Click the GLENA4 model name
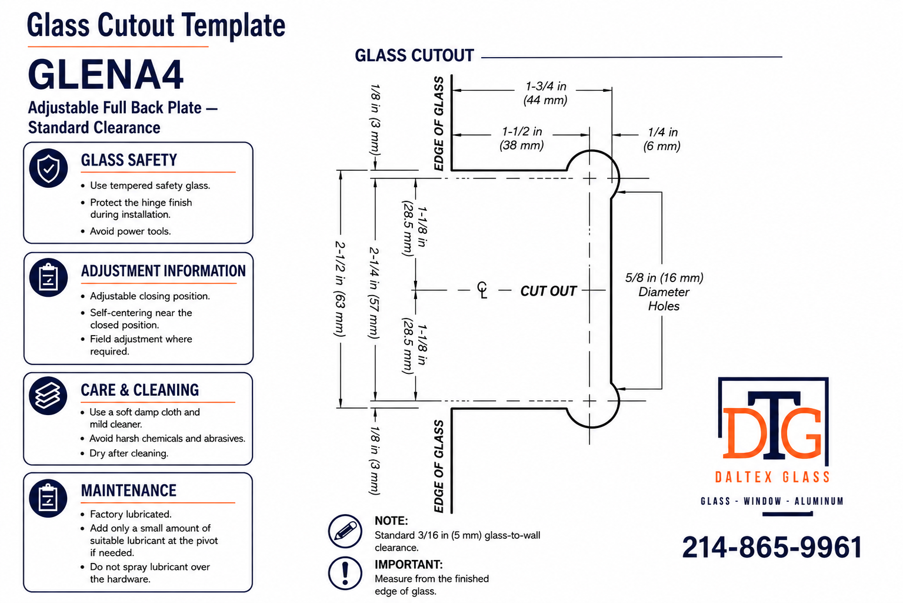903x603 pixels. coord(106,75)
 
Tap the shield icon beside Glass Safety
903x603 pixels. coord(48,168)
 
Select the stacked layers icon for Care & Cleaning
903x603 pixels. coord(48,396)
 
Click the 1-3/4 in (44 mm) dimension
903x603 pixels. coord(545,93)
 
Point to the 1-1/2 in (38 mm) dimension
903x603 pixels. coord(522,138)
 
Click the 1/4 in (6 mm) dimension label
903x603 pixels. coord(662,139)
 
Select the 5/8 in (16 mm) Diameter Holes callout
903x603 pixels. coord(664,292)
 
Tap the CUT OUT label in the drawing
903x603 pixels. coord(548,291)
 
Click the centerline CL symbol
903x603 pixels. coord(482,290)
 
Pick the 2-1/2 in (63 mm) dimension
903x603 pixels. coord(340,289)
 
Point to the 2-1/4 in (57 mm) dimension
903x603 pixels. coord(374,293)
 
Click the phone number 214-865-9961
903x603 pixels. coord(772,547)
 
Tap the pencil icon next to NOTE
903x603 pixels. coord(345,531)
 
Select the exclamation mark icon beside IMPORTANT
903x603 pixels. coord(345,573)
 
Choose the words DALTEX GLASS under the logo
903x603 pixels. coord(772,477)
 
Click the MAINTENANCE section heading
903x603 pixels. coord(129,491)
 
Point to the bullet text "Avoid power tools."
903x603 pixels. coord(130,231)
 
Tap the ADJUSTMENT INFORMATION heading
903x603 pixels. coord(164,271)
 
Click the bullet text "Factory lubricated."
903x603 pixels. coord(131,514)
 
